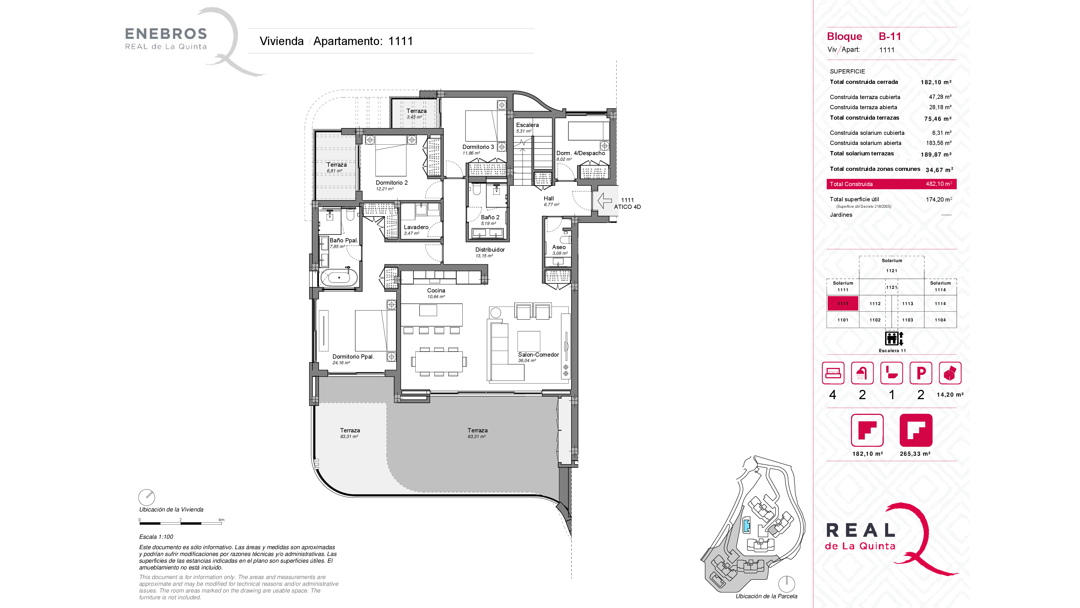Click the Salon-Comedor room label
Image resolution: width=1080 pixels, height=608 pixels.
tap(538, 355)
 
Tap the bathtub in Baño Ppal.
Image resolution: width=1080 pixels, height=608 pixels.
tap(339, 277)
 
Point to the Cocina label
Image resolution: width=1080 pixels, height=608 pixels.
tap(436, 290)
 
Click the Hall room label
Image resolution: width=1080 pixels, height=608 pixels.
tap(549, 198)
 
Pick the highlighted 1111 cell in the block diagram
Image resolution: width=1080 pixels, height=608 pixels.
tap(843, 303)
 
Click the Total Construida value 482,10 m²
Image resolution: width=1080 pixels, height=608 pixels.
tap(939, 184)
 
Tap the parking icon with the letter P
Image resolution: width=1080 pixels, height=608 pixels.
tap(921, 373)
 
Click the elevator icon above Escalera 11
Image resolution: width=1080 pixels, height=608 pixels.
tap(894, 338)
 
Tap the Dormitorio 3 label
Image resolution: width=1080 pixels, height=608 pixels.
tap(478, 147)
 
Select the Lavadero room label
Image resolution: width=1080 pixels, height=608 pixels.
tap(416, 227)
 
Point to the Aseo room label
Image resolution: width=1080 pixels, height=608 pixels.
tap(559, 247)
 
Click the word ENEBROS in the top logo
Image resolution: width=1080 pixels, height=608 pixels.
tap(166, 33)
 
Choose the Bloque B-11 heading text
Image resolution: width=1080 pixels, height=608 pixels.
tap(864, 37)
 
